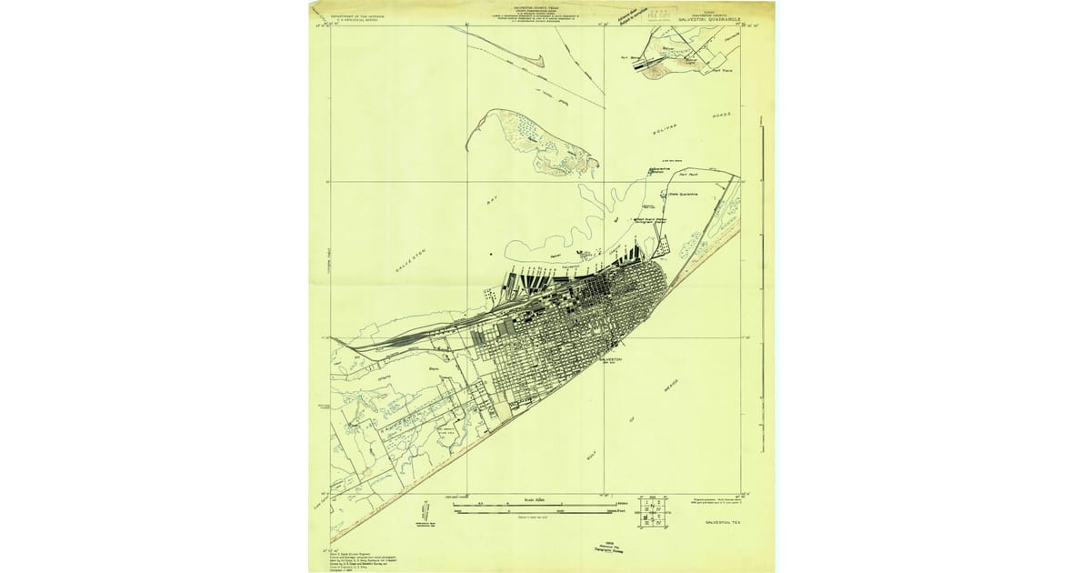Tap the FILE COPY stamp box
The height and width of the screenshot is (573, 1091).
pos(661,13)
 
